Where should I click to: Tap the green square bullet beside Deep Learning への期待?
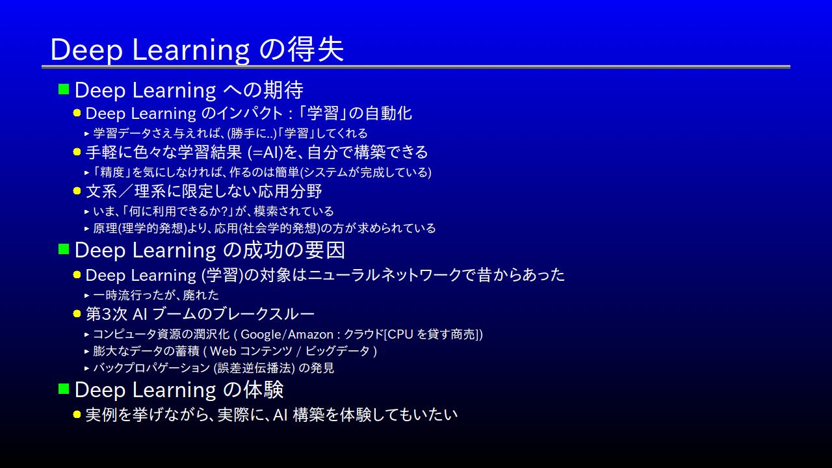click(x=64, y=89)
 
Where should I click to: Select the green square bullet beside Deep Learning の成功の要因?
click(x=64, y=249)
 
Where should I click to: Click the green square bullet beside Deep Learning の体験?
click(x=64, y=389)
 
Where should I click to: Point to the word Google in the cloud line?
click(x=261, y=335)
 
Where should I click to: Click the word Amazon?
click(x=311, y=335)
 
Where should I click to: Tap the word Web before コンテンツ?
click(x=223, y=351)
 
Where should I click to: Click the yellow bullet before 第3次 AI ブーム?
click(x=77, y=314)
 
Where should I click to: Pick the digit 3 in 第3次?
click(x=106, y=314)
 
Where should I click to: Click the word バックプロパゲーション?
click(x=151, y=368)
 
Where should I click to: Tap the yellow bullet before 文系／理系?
click(x=77, y=191)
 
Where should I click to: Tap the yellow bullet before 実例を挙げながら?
click(x=77, y=414)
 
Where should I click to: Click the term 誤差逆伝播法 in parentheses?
click(x=254, y=368)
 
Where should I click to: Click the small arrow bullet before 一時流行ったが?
click(x=87, y=296)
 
